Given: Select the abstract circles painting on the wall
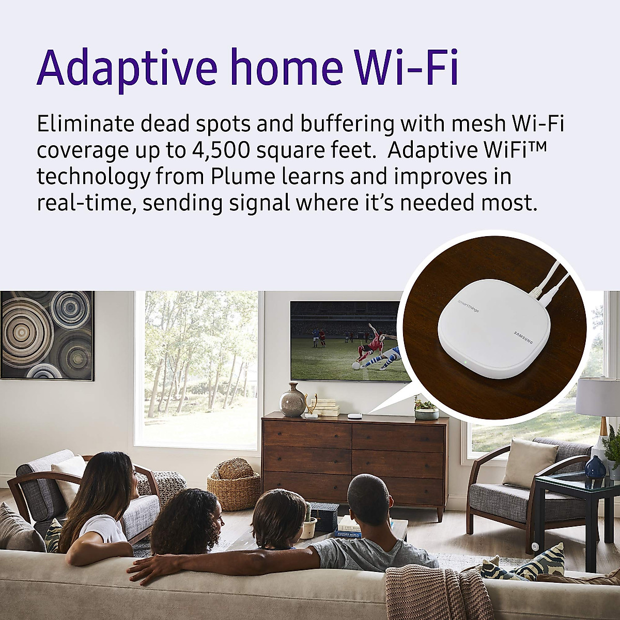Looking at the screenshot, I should (47, 335).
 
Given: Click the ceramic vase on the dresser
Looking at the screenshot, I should (292, 400).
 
